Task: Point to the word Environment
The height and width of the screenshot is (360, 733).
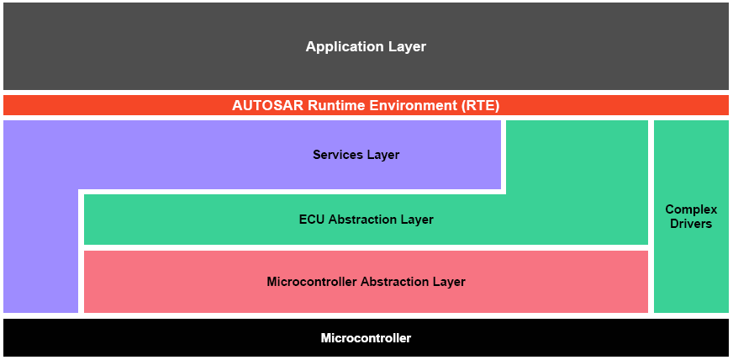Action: click(x=410, y=106)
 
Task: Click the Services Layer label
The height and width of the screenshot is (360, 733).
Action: click(x=356, y=155)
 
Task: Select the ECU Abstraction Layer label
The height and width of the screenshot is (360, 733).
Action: click(x=366, y=220)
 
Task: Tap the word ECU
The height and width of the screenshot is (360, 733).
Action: click(x=312, y=220)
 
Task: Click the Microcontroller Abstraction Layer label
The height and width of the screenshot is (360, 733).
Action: click(x=366, y=282)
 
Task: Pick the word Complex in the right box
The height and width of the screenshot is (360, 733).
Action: click(x=691, y=209)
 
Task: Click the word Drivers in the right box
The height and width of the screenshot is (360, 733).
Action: click(x=691, y=224)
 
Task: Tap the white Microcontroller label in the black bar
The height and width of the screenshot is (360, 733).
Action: click(x=366, y=338)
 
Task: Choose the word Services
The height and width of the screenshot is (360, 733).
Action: click(x=338, y=155)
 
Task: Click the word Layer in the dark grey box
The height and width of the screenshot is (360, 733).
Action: click(x=408, y=47)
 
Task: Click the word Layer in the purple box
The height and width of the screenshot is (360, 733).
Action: click(x=383, y=155)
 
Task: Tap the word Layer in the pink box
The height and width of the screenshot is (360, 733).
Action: click(x=450, y=282)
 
